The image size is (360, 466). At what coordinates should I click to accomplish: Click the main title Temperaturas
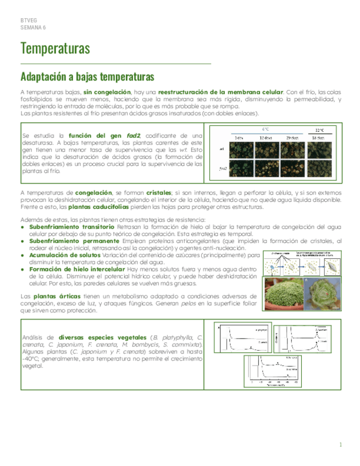55,49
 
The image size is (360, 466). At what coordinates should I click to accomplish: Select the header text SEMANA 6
33,27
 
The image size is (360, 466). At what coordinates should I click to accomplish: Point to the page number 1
341,445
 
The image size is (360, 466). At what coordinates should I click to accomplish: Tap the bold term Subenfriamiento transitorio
71,226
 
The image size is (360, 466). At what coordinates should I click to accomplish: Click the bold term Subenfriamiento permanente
72,241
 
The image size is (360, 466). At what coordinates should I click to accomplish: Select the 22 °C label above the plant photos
318,131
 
